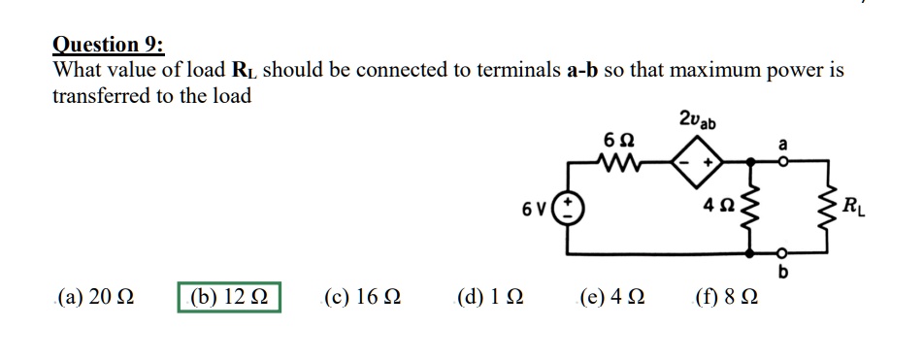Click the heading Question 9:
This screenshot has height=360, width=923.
tap(109, 45)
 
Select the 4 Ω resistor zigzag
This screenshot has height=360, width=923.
tap(752, 207)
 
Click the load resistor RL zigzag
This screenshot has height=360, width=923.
tap(831, 207)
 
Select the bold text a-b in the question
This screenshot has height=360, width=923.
tap(582, 71)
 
